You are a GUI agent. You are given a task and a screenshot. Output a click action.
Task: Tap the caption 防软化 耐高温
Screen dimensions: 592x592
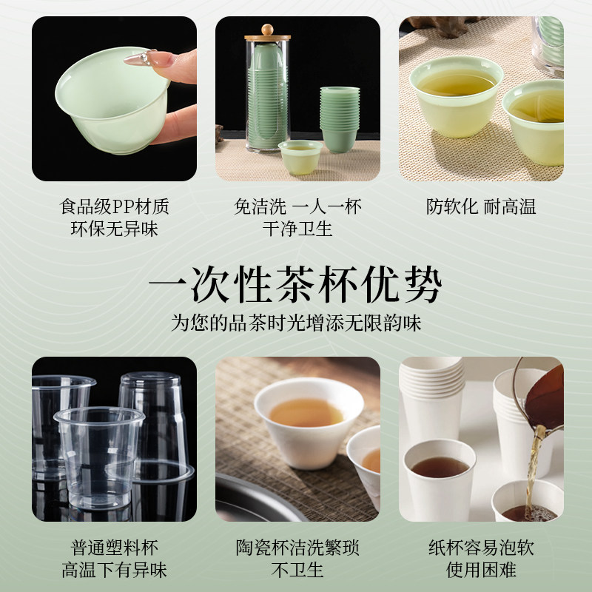coord(481,206)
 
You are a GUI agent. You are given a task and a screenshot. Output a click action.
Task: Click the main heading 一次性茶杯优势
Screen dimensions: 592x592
coord(295,283)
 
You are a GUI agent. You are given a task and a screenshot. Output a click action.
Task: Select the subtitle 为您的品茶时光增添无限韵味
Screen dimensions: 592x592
coord(296,323)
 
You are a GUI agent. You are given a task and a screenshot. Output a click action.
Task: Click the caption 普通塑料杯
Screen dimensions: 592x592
coord(114,548)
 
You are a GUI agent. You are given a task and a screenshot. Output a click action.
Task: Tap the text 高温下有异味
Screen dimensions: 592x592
coord(114,571)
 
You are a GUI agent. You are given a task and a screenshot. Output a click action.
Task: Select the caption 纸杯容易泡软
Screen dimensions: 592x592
coord(481,548)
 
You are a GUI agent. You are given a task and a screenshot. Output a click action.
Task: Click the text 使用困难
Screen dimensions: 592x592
coord(481,571)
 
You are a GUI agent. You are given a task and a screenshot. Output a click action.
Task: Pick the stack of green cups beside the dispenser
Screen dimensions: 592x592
coord(339,118)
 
